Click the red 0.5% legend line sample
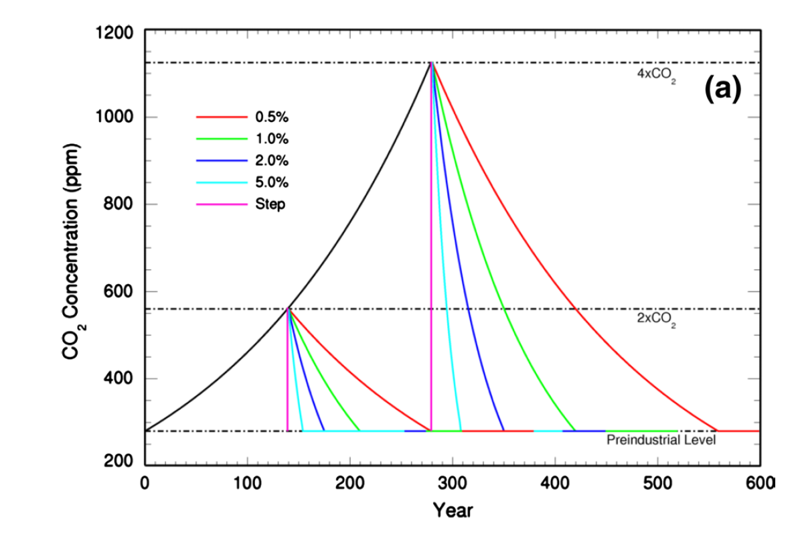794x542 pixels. (222, 117)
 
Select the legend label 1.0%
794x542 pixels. (271, 139)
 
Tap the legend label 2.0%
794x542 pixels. (271, 161)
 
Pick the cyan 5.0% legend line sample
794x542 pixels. (222, 182)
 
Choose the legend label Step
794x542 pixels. (270, 204)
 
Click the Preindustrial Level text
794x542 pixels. (661, 440)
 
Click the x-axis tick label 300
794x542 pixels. (453, 482)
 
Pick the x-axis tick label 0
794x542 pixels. (145, 482)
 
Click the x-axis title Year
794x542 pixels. (453, 511)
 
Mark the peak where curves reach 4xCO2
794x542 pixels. (432, 63)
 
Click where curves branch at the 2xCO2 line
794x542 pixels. (289, 309)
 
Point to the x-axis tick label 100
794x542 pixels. (248, 482)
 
